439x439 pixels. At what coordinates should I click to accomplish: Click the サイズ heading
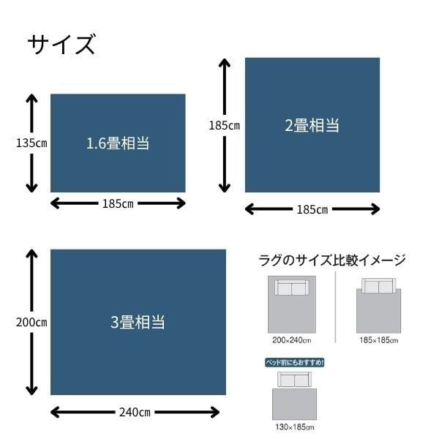tap(61, 44)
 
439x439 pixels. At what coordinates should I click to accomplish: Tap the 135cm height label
tap(31, 143)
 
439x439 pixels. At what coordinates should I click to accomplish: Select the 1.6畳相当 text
tap(118, 143)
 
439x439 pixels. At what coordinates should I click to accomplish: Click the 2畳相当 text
tap(312, 125)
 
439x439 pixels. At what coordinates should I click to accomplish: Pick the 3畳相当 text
tap(138, 322)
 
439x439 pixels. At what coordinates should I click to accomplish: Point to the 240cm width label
tap(135, 412)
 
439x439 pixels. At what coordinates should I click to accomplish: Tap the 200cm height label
tap(31, 322)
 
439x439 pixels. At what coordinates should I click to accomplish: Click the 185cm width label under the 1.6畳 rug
tap(118, 203)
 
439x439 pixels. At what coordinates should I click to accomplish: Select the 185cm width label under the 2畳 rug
tap(312, 209)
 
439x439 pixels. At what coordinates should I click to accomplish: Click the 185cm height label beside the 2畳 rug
tap(225, 125)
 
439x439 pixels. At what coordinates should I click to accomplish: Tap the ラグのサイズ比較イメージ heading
tap(332, 260)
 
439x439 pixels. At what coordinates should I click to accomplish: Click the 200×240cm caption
tap(292, 340)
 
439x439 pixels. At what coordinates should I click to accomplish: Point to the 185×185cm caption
tap(379, 340)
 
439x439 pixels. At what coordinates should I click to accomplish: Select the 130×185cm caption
tap(295, 427)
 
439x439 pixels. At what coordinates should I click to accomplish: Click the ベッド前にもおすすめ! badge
tap(295, 363)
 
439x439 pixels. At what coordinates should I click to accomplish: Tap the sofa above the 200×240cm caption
tap(292, 288)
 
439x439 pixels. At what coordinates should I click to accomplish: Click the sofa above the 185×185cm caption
tap(379, 286)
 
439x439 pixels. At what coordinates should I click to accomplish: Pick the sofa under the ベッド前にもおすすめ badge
tap(295, 380)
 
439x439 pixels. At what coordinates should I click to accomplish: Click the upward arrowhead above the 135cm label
tap(31, 99)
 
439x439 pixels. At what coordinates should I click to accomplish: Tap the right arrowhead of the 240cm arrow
tap(214, 412)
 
